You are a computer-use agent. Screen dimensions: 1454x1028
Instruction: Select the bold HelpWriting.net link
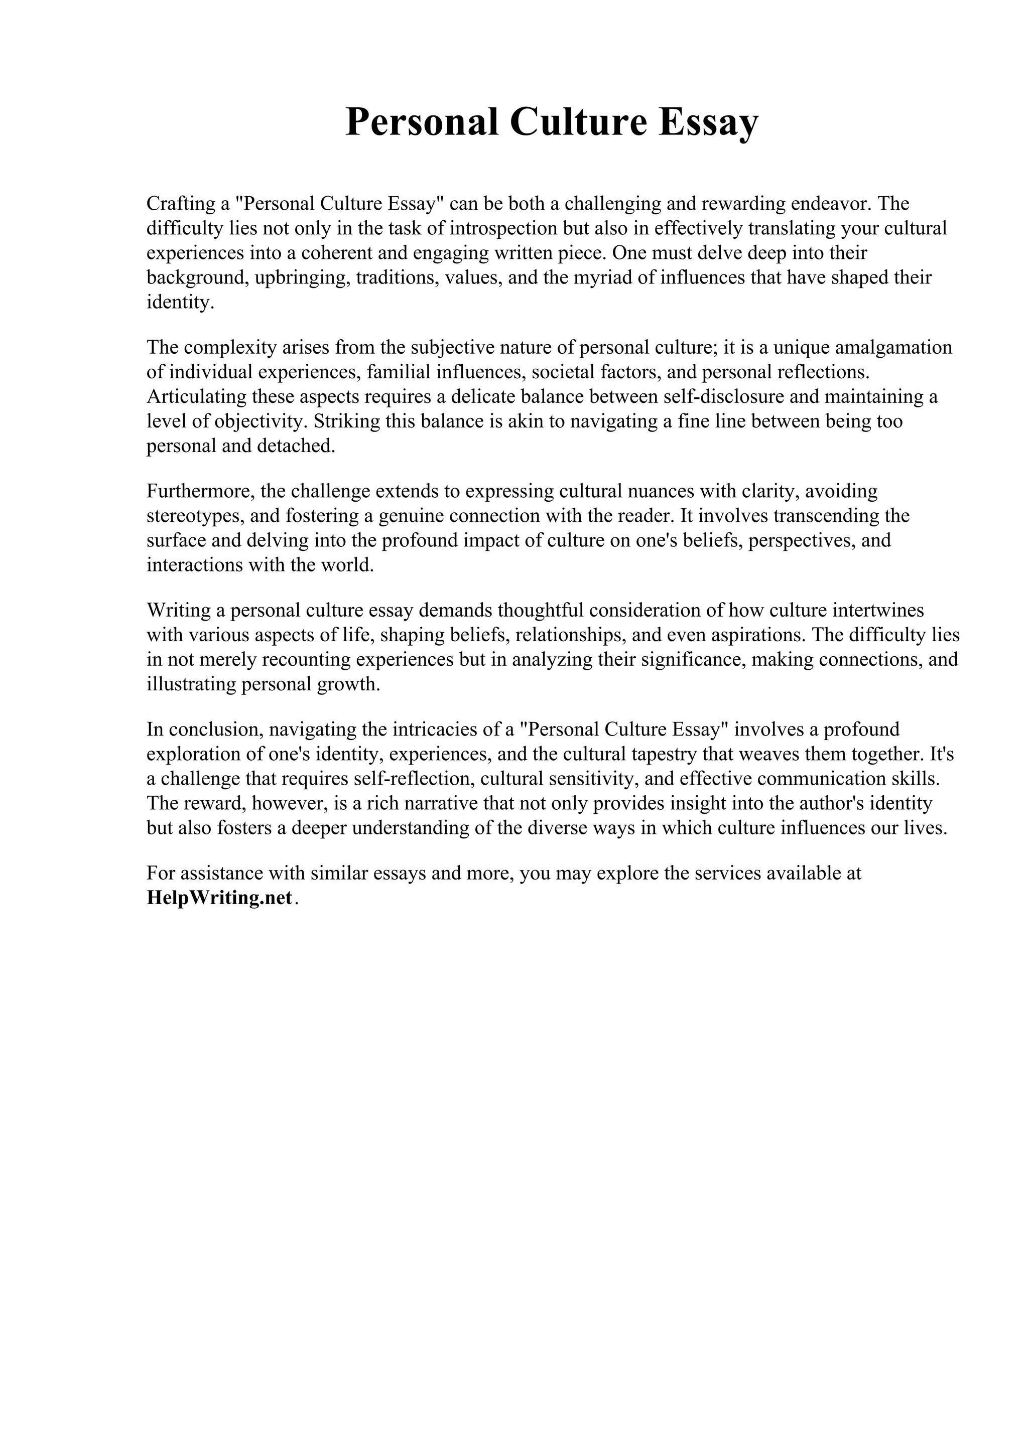(219, 898)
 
